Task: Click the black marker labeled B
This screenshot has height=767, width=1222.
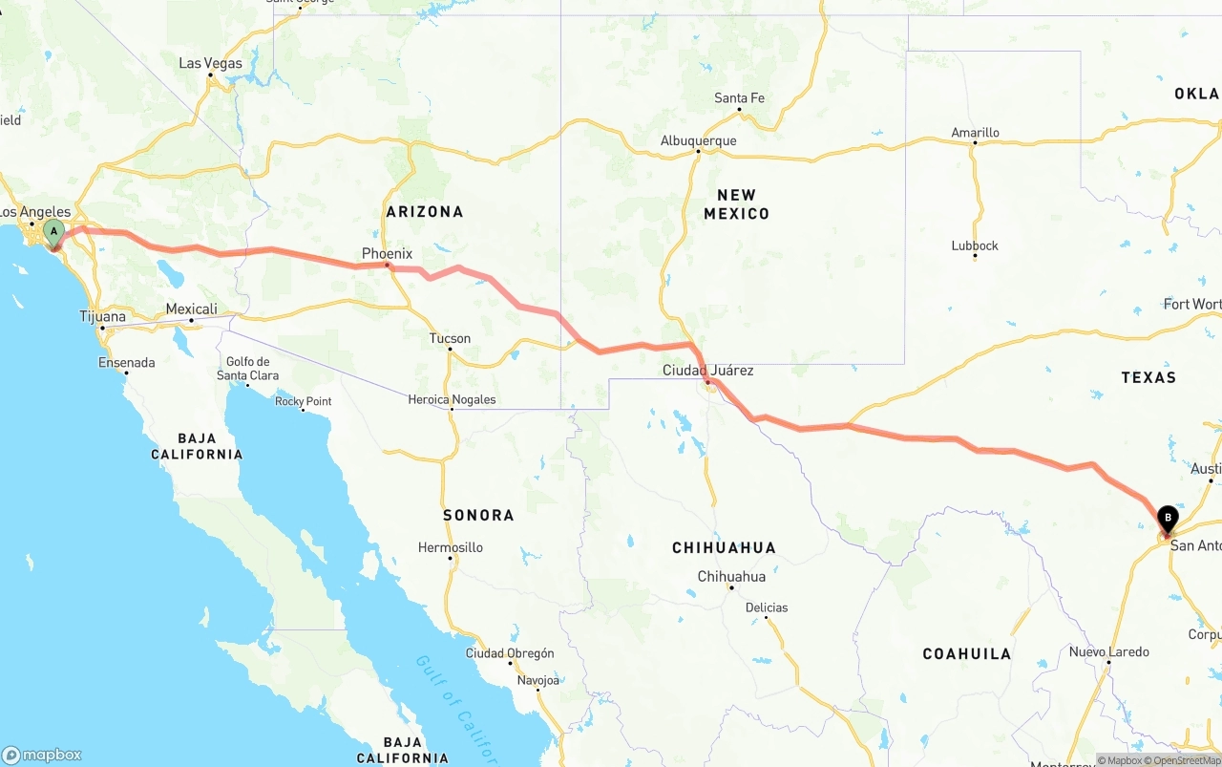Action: click(x=1167, y=519)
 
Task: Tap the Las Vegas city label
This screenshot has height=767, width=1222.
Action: click(x=211, y=64)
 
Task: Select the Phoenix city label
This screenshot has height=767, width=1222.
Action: click(x=387, y=254)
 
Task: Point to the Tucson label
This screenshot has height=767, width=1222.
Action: click(x=450, y=338)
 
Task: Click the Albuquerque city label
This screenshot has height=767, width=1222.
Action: click(x=698, y=141)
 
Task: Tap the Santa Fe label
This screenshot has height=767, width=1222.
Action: click(x=739, y=98)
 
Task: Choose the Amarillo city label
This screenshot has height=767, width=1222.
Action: click(x=975, y=133)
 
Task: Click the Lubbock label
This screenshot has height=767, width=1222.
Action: click(x=975, y=245)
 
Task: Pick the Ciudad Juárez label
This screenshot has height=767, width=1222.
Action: click(x=708, y=371)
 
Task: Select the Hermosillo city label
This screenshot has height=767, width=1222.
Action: click(x=451, y=547)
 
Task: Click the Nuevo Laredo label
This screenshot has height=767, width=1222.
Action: click(x=1108, y=652)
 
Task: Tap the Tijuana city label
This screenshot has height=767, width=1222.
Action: click(x=102, y=317)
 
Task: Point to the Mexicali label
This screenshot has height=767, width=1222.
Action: click(x=191, y=309)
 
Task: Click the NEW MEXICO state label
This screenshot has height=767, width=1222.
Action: click(x=736, y=204)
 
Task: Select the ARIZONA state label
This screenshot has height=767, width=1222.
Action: click(x=424, y=212)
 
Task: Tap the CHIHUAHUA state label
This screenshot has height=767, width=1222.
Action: click(x=724, y=548)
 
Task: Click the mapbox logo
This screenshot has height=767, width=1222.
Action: click(x=42, y=755)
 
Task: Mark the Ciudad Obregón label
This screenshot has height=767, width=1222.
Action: click(x=509, y=653)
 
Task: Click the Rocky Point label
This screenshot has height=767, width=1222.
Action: click(x=303, y=401)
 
